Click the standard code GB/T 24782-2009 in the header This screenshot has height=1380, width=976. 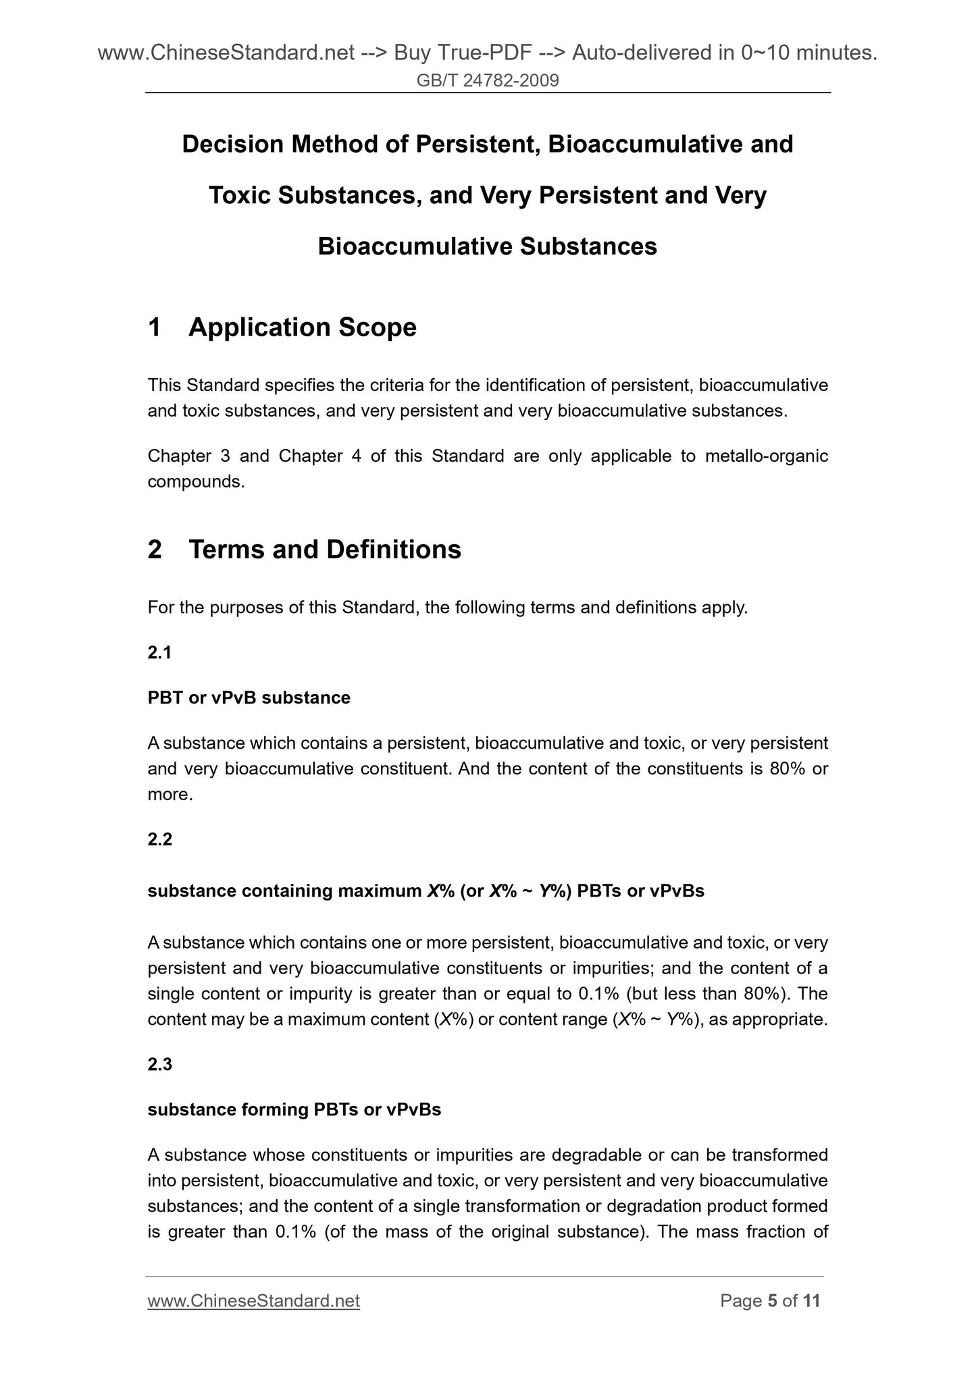tap(488, 81)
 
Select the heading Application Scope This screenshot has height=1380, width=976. tap(303, 327)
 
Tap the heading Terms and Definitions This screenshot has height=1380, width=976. tap(325, 550)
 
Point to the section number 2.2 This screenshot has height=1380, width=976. tap(160, 839)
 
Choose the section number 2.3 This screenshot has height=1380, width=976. tap(160, 1064)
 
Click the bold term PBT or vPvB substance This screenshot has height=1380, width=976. tap(249, 697)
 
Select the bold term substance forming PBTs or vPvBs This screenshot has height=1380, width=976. tap(294, 1109)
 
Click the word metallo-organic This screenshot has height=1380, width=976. tap(766, 456)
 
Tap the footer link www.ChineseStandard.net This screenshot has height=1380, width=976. tap(253, 1301)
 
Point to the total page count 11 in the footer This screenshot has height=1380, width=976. tap(811, 1301)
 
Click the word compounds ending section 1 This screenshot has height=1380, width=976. tap(195, 482)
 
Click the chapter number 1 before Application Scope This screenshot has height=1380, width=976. tap(155, 327)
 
